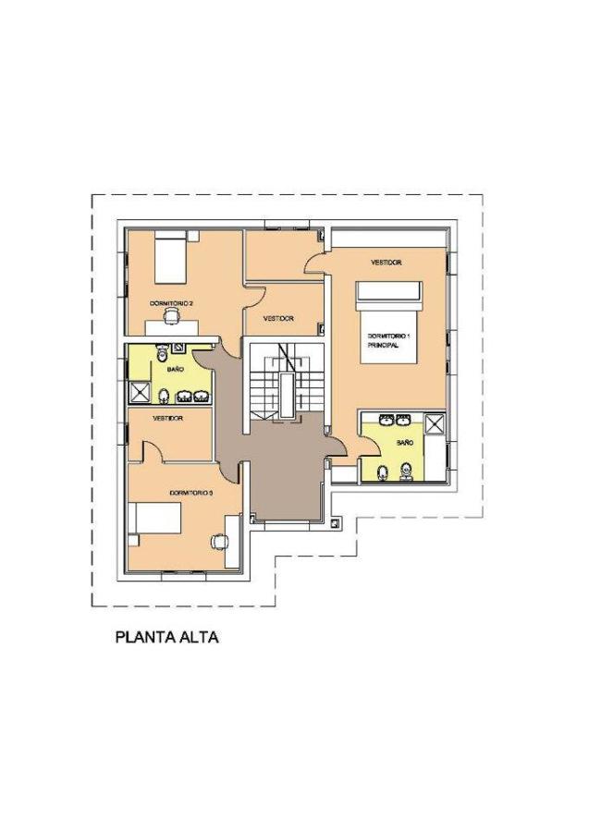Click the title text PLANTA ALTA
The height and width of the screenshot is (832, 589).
[x=166, y=638]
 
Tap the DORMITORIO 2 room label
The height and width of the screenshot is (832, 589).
[x=171, y=302]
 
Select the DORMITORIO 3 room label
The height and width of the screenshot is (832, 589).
[x=191, y=494]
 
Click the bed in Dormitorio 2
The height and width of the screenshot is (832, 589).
[x=169, y=260]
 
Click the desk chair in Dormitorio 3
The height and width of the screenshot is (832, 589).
[x=218, y=541]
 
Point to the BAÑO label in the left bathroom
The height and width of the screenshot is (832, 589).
[x=175, y=369]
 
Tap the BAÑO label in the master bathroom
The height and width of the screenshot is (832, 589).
[x=404, y=443]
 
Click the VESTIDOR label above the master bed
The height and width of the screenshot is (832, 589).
[x=386, y=263]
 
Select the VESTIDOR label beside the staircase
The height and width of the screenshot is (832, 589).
[x=277, y=318]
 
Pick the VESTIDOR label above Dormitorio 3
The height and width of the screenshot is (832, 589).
[x=167, y=418]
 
